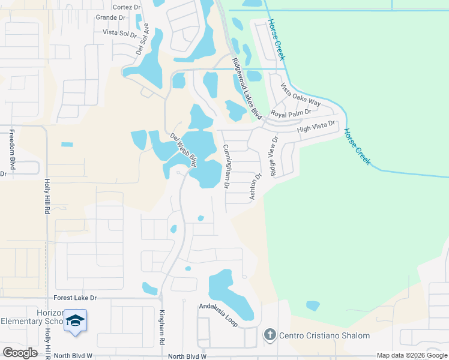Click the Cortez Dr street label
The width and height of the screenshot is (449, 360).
[125, 7]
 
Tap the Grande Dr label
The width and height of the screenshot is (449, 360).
[110, 17]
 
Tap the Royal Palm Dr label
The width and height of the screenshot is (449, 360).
[291, 113]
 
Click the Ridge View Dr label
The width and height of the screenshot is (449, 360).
[274, 155]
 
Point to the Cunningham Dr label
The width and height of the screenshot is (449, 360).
[226, 167]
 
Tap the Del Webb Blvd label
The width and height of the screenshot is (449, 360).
[184, 149]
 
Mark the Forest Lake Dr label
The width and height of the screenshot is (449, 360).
[75, 298]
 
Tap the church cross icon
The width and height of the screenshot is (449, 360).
[270, 335]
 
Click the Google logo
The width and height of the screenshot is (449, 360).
[20, 353]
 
